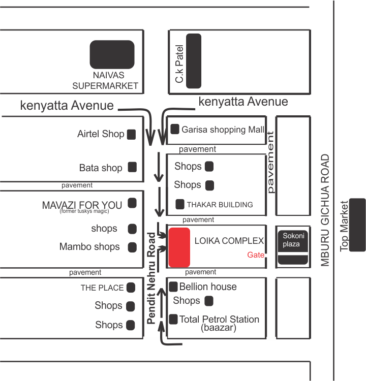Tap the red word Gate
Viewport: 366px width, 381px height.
256,255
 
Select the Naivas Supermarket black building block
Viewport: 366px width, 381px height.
112,54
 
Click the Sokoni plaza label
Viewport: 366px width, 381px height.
292,240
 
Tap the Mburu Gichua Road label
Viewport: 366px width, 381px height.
325,210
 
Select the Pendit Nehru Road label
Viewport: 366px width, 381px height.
151,278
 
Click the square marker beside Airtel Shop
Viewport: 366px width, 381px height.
131,134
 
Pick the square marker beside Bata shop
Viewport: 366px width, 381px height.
132,167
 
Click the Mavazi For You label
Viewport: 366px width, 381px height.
82,205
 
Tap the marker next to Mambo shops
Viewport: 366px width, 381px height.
132,247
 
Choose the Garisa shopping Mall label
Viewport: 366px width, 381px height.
223,130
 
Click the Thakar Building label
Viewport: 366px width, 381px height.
220,205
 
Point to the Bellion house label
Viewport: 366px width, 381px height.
208,287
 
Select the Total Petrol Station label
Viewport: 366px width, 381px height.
219,319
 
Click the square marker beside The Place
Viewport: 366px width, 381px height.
131,288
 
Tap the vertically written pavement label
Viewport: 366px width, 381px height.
270,162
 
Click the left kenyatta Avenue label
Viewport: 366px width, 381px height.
67,106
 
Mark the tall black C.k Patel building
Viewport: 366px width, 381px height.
193,61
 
